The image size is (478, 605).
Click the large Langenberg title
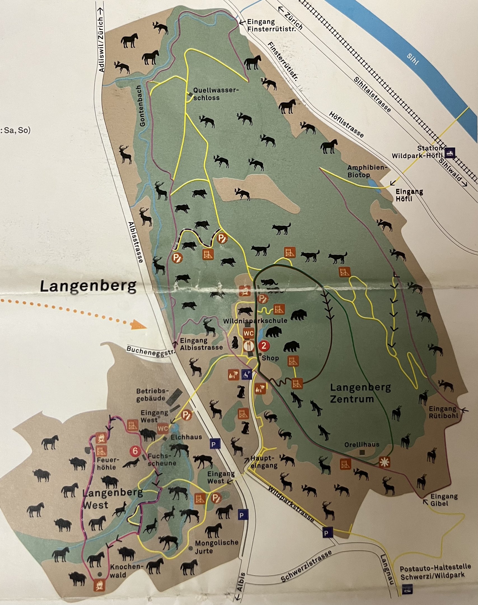[88, 286]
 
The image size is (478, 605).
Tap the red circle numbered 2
[264, 346]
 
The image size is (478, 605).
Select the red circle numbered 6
[135, 451]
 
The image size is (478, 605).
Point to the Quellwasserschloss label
[215, 94]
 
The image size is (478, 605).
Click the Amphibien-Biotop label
[367, 171]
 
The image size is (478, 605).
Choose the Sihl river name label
[413, 59]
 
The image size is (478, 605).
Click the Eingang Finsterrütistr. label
[271, 25]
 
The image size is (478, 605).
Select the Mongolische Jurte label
[217, 547]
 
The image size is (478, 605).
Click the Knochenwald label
[126, 571]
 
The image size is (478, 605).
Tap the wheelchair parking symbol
[247, 374]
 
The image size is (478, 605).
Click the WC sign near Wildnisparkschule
[249, 333]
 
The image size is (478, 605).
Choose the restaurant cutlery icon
[249, 345]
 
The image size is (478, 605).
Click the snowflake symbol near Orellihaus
[384, 462]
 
